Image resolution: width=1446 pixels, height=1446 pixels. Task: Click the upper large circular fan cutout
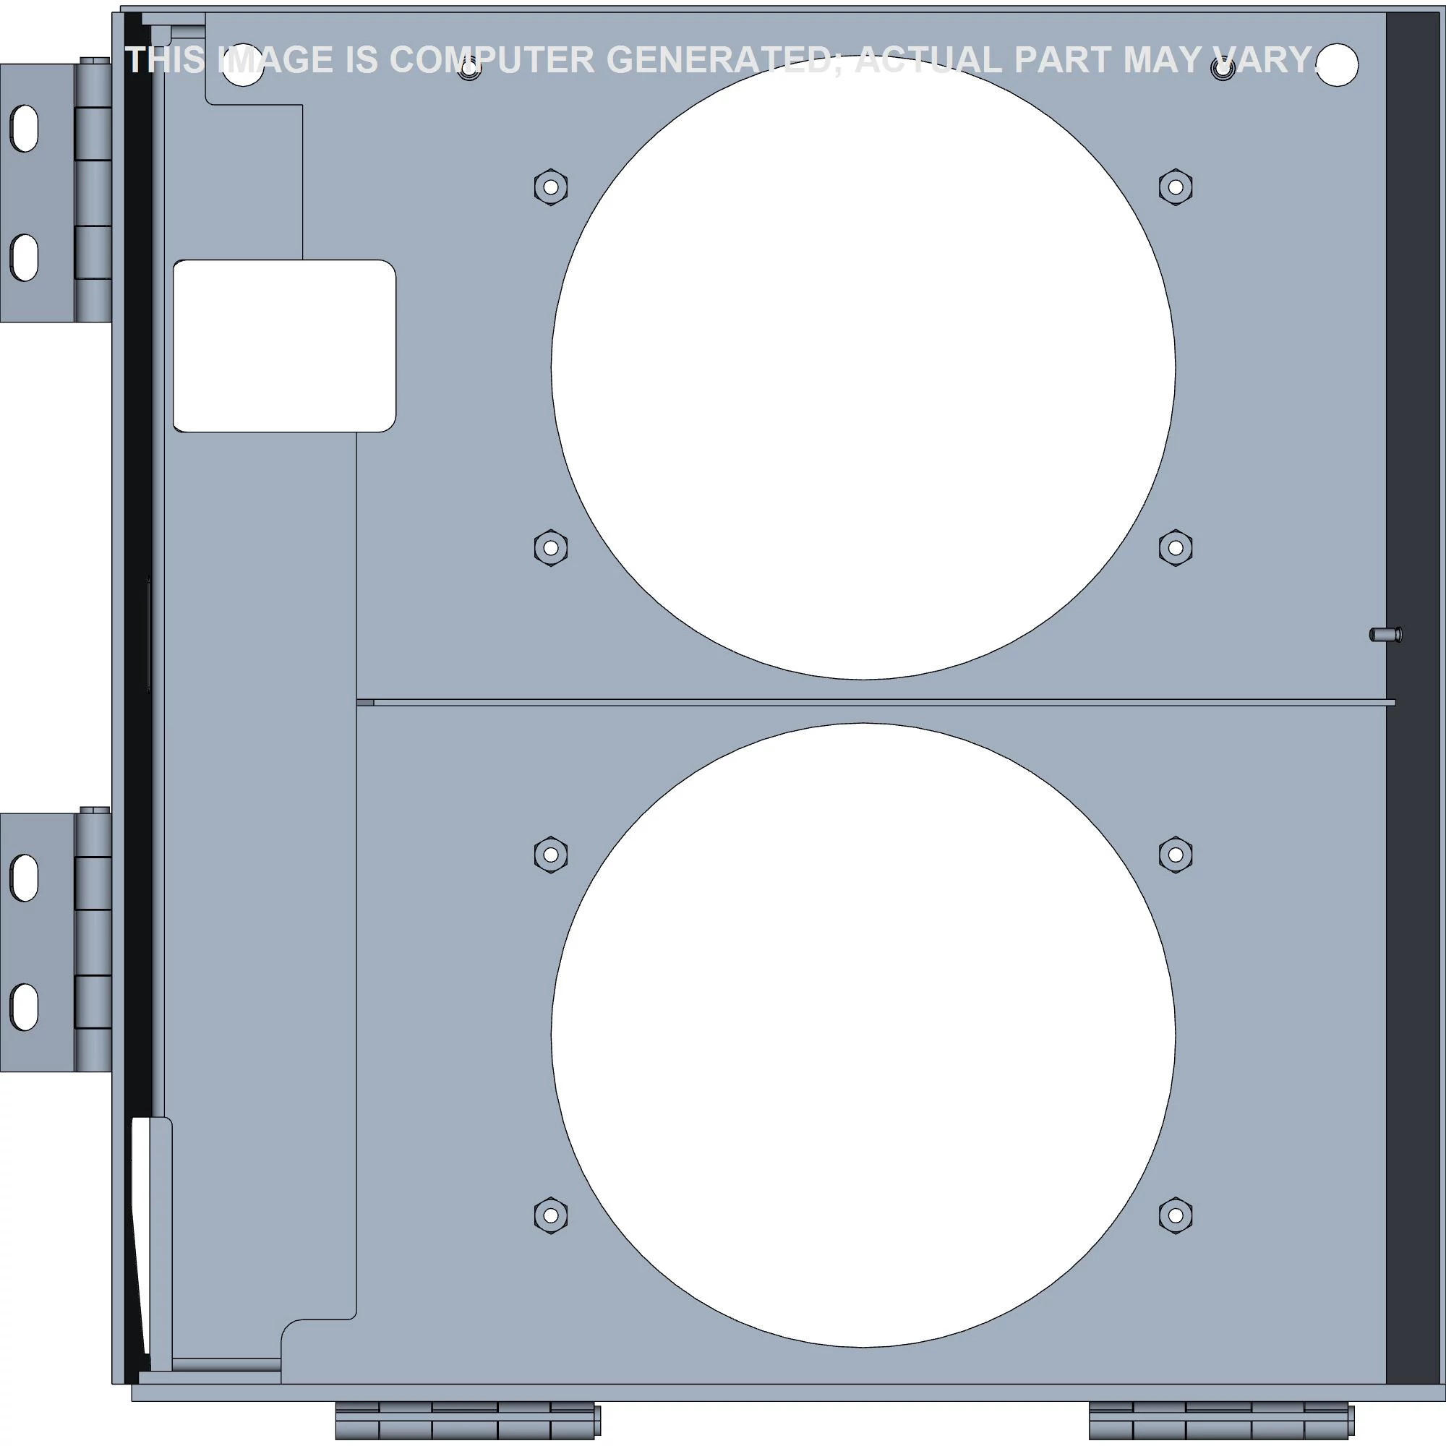[x=863, y=367]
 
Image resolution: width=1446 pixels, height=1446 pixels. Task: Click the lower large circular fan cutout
[x=863, y=1035]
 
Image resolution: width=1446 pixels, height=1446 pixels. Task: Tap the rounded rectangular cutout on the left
[x=284, y=346]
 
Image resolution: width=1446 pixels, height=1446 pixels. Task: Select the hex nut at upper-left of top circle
[x=551, y=187]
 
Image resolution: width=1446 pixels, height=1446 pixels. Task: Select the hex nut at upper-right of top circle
[x=1175, y=187]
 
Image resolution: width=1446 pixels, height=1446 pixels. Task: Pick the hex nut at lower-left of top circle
[x=551, y=548]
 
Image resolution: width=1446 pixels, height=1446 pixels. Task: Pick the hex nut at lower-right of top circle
[x=1175, y=548]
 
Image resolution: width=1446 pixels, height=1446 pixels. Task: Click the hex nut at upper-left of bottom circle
[x=551, y=854]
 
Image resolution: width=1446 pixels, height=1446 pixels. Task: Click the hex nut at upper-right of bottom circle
[x=1175, y=854]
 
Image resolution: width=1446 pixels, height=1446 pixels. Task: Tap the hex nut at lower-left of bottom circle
[x=551, y=1215]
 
